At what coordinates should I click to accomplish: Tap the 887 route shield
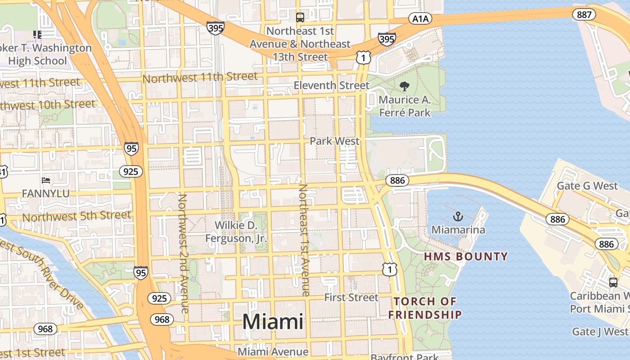tap(584, 14)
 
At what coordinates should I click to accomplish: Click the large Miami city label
tap(273, 322)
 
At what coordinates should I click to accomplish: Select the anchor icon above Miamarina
tap(458, 216)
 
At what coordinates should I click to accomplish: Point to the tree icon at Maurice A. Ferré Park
tap(405, 86)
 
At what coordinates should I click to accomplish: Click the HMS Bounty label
tap(466, 257)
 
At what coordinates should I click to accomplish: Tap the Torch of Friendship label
tap(425, 308)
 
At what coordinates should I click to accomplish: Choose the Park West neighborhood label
tap(334, 141)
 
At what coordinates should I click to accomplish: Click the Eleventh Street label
tap(331, 85)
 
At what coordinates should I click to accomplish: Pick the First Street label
tap(351, 297)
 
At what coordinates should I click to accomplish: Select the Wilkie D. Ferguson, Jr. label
tap(236, 231)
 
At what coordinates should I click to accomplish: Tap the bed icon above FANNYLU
tap(46, 180)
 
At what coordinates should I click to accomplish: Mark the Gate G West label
tap(587, 186)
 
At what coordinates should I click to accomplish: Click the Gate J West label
tap(599, 332)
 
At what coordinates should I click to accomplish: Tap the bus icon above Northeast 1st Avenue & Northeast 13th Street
tap(300, 18)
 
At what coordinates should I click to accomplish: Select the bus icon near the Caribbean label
tap(613, 283)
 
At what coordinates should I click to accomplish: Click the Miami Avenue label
tap(273, 351)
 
